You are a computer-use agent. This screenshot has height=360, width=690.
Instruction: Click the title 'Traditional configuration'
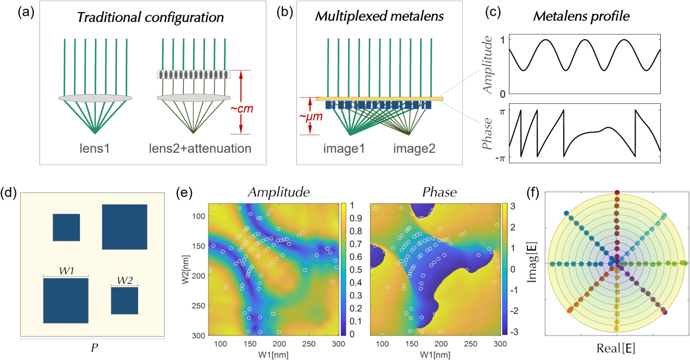(x=151, y=17)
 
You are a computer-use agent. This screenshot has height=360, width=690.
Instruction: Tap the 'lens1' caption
(x=95, y=148)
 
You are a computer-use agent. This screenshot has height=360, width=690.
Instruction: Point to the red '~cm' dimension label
(x=242, y=109)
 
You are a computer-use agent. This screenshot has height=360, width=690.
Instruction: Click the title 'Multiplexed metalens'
(x=379, y=17)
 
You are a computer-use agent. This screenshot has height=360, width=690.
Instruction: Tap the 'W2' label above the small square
(x=125, y=281)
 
